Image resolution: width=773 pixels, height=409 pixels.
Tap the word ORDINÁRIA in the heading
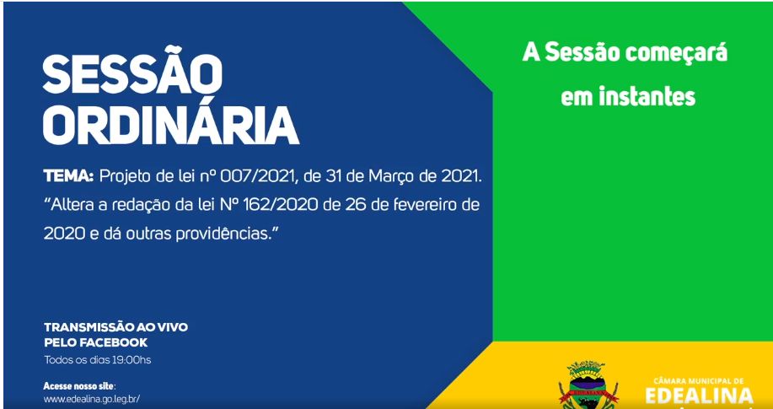[171, 126]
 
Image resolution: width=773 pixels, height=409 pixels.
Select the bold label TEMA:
[68, 176]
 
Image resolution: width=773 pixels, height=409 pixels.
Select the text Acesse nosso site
[79, 386]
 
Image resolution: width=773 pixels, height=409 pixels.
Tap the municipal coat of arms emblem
[588, 386]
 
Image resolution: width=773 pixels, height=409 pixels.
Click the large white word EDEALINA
[699, 396]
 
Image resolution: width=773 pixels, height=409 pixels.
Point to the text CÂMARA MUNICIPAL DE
[699, 380]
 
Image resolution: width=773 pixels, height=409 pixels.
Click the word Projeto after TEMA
[123, 176]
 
